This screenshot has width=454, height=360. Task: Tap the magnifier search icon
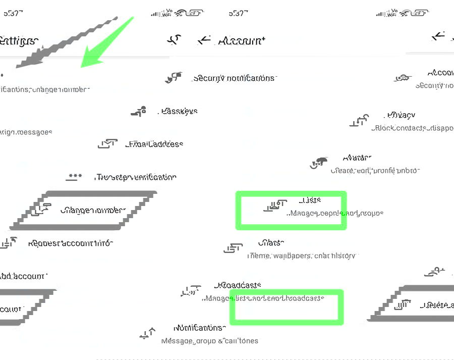point(175,40)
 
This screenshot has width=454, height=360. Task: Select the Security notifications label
point(234,78)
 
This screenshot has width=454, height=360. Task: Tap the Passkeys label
point(179,111)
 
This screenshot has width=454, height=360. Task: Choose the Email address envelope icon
point(107,144)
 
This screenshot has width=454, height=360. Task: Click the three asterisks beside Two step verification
point(75,177)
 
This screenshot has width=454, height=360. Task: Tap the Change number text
point(93,210)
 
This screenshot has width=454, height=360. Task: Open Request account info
point(70,243)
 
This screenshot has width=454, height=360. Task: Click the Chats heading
point(270,243)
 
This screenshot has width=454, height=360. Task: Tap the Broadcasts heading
point(238,285)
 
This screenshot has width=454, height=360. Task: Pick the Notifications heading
point(199,328)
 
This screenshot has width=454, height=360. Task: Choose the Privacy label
point(401,115)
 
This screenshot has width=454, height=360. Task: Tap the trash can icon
point(404,304)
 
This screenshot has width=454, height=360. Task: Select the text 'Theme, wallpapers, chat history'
point(301,255)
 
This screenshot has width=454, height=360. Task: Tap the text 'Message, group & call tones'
point(209,340)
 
